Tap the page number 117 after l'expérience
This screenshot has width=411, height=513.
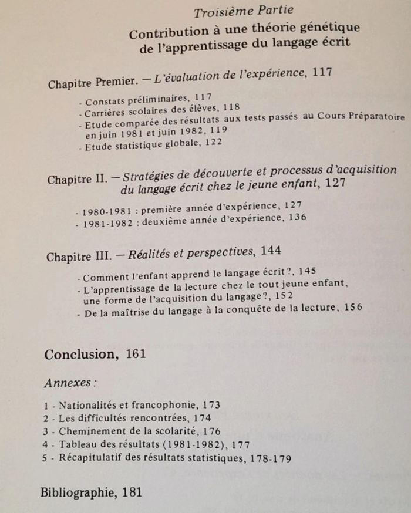pos(322,73)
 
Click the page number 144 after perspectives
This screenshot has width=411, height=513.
pos(270,251)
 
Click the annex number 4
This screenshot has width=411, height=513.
pos(46,445)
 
